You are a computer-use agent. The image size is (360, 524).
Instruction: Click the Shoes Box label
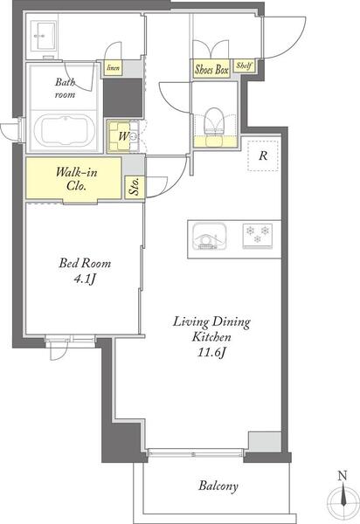pyautogui.click(x=211, y=70)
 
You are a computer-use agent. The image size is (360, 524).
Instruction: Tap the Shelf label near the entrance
pyautogui.click(x=244, y=65)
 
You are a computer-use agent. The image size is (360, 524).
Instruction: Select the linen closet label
pyautogui.click(x=113, y=68)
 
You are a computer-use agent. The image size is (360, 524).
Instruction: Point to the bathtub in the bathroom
pyautogui.click(x=65, y=129)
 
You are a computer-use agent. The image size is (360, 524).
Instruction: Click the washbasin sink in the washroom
pyautogui.click(x=43, y=36)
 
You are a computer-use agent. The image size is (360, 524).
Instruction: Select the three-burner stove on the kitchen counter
pyautogui.click(x=258, y=236)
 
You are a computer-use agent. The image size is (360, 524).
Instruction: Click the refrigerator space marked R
pyautogui.click(x=263, y=155)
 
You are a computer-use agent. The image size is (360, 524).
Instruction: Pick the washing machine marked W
pyautogui.click(x=122, y=136)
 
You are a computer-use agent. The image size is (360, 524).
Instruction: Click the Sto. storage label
pyautogui.click(x=135, y=188)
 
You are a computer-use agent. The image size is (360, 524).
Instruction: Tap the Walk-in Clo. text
pyautogui.click(x=76, y=178)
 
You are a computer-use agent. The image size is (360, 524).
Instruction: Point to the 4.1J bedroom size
pyautogui.click(x=85, y=279)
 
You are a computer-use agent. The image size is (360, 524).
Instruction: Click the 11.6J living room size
pyautogui.click(x=211, y=352)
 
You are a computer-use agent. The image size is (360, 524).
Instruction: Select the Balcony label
pyautogui.click(x=218, y=486)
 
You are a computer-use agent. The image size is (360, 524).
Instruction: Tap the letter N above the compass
pyautogui.click(x=343, y=475)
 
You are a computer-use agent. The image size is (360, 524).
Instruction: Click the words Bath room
pyautogui.click(x=66, y=88)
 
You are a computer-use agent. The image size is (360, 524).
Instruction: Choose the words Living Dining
pyautogui.click(x=211, y=322)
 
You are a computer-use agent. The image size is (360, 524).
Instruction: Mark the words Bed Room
pyautogui.click(x=85, y=263)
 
